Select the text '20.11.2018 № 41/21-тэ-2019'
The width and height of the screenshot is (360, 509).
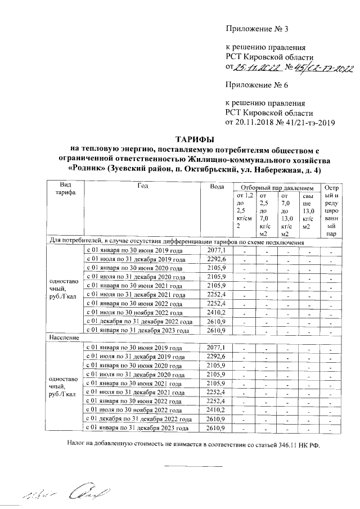click(280, 121)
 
